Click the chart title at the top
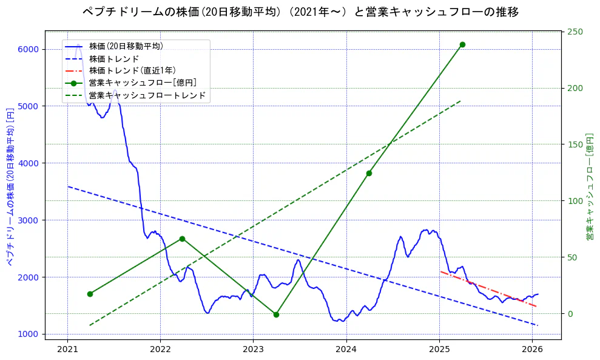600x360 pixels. pos(300,12)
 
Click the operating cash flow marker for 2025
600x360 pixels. pos(462,44)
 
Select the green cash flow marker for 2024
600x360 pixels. pos(369,173)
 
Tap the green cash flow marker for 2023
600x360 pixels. pos(276,314)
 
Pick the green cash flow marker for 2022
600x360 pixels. pos(182,239)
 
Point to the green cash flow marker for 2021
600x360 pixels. pos(90,294)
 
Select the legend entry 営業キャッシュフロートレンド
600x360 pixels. pos(147,95)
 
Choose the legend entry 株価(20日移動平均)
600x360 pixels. pos(126,46)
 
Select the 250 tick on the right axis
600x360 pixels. pos(574,32)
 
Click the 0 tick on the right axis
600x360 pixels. pos(570,314)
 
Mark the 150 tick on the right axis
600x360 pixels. pos(574,144)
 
